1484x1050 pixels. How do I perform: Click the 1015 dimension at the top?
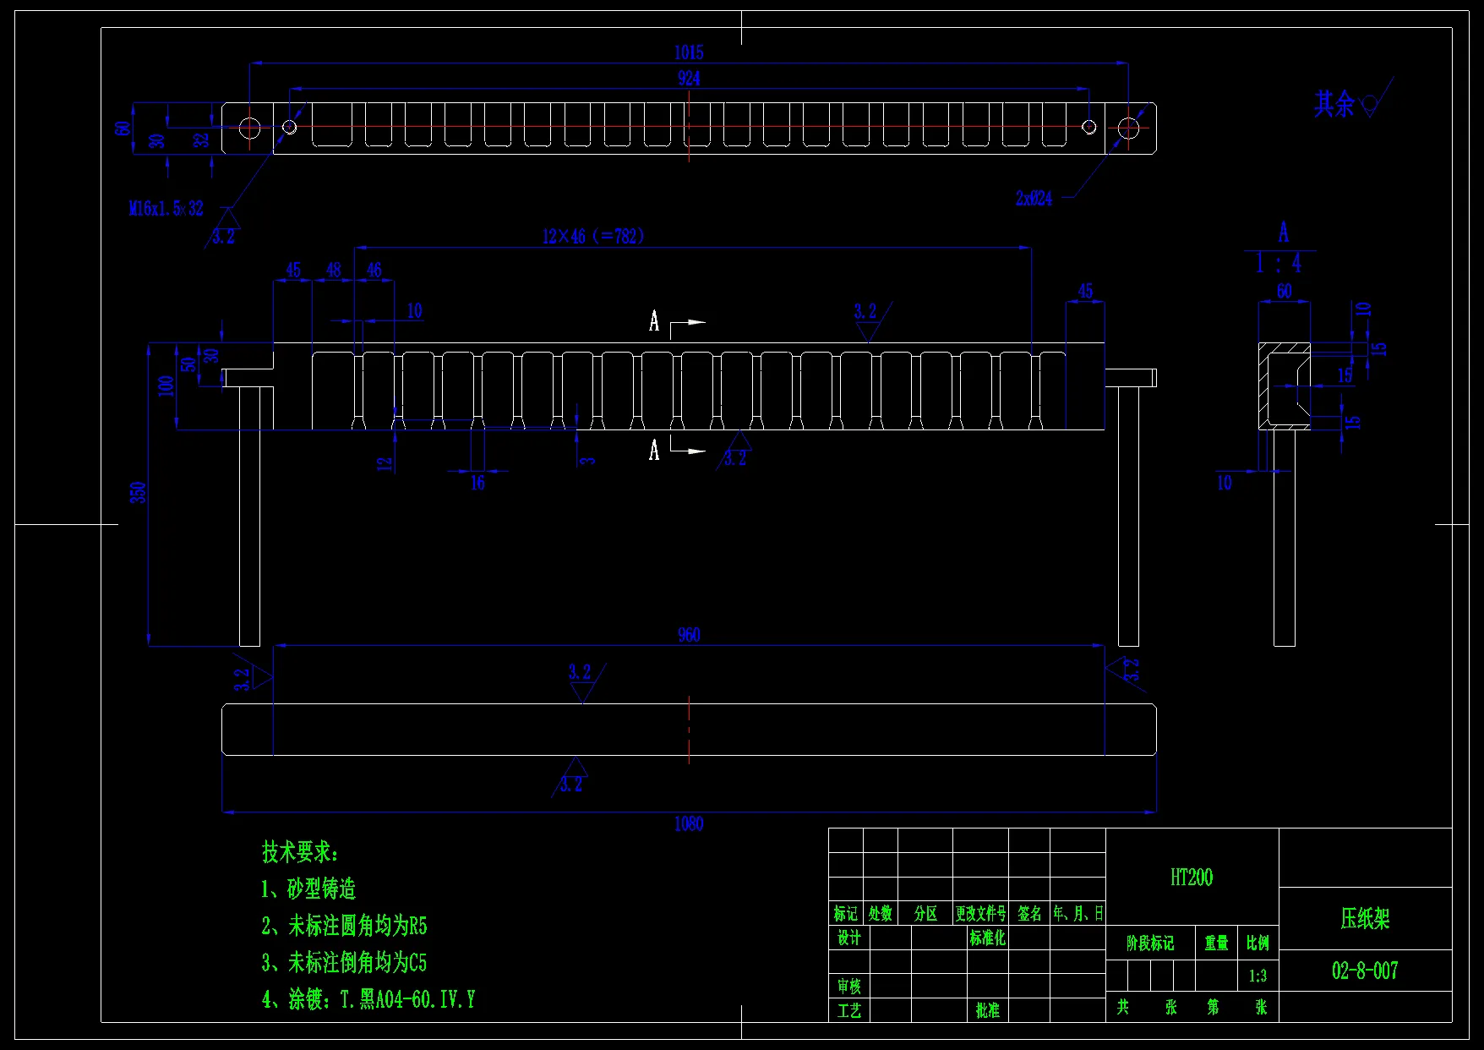[x=689, y=52]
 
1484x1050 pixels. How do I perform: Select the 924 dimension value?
[x=689, y=79]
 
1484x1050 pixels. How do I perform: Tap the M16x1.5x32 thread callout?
[x=166, y=208]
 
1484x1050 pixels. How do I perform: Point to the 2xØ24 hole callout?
[x=1034, y=199]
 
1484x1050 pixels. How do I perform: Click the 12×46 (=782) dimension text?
[x=593, y=237]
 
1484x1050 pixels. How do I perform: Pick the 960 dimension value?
[x=689, y=635]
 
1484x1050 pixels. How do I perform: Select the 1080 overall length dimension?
[x=689, y=824]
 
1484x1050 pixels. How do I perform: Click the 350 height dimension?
[x=139, y=492]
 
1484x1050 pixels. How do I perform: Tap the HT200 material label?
[x=1192, y=878]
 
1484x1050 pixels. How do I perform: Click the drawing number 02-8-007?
[x=1365, y=971]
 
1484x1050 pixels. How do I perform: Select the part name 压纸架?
[x=1365, y=919]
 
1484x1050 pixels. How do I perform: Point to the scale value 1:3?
[x=1258, y=976]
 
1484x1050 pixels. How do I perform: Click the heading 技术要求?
[x=300, y=852]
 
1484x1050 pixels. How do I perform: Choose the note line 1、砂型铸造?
[x=308, y=889]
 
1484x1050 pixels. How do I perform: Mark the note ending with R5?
[x=344, y=926]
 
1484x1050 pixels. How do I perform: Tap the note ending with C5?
[x=344, y=962]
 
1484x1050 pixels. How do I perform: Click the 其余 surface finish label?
[x=1334, y=104]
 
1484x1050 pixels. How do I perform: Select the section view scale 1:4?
[x=1279, y=264]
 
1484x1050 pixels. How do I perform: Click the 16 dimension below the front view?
[x=477, y=483]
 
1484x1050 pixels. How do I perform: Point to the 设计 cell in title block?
[x=848, y=938]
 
